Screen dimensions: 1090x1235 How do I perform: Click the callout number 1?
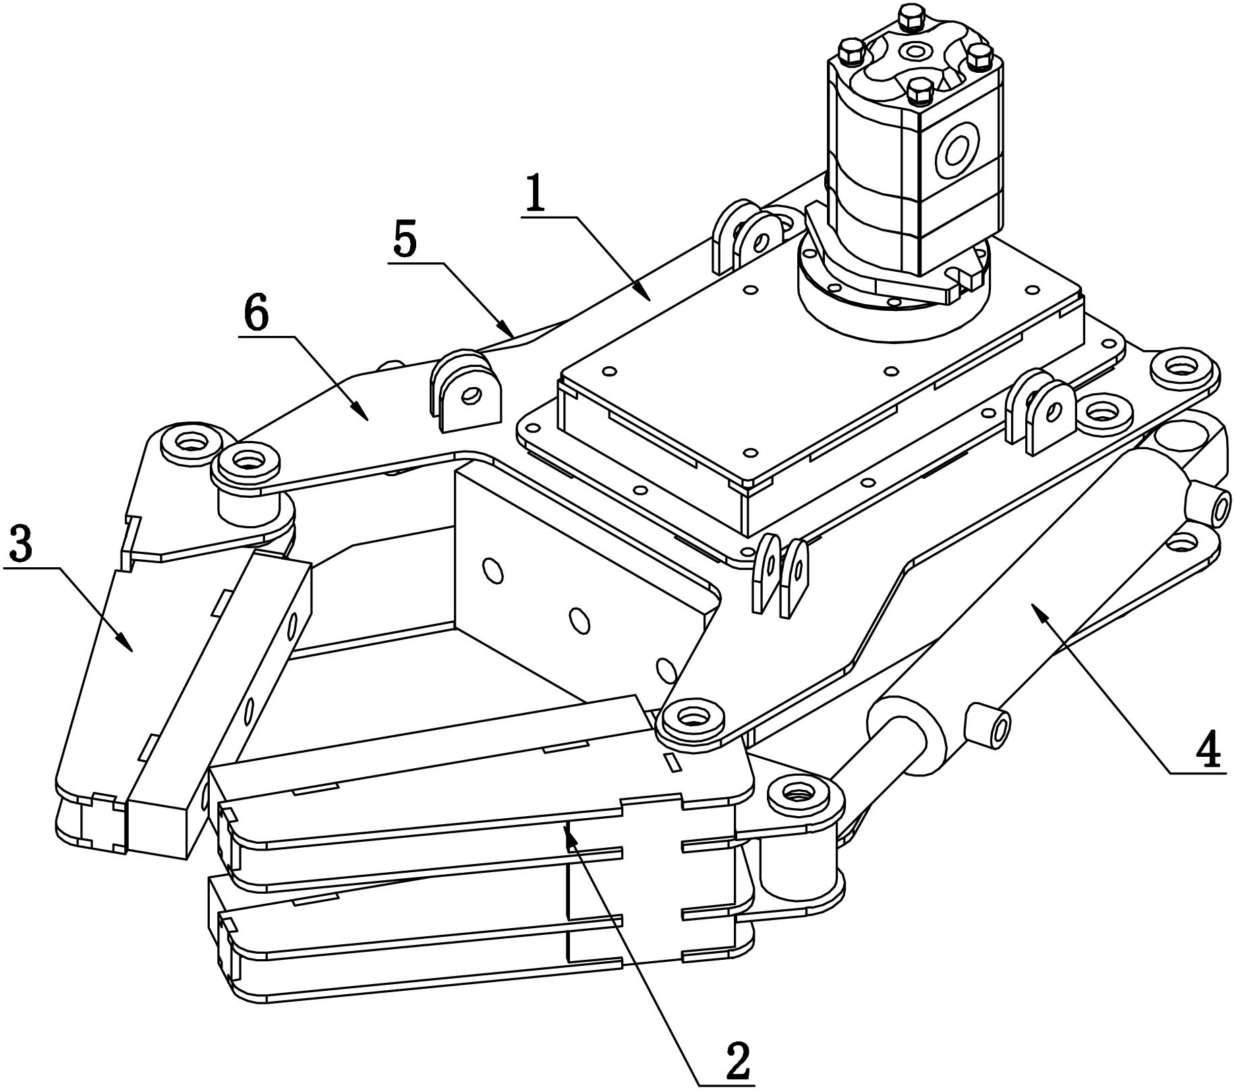[536, 194]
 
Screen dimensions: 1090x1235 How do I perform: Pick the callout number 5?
[405, 241]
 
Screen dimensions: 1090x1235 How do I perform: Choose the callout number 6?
[257, 315]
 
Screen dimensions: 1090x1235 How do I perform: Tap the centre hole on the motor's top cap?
[915, 50]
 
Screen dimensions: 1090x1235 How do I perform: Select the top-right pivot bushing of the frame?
[1184, 369]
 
